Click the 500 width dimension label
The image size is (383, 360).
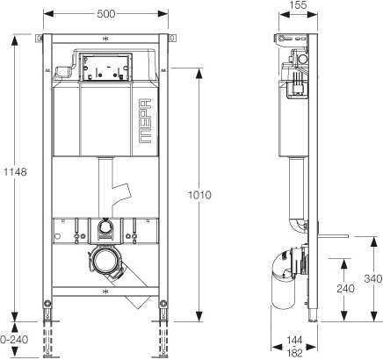(106, 13)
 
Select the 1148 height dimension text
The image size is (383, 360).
(15, 172)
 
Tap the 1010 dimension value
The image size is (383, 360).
(199, 195)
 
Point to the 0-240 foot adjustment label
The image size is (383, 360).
(14, 340)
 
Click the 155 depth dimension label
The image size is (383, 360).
(298, 5)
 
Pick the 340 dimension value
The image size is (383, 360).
(373, 278)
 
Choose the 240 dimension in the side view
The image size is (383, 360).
(345, 289)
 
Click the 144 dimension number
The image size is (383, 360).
(294, 341)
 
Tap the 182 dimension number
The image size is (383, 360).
(294, 353)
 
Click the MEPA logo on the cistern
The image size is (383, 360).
(145, 121)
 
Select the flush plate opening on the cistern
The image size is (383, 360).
(106, 68)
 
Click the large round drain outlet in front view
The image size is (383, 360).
(105, 261)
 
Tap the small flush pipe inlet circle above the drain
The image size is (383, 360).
(105, 227)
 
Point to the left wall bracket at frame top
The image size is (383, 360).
(39, 39)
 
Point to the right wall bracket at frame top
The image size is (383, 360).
(172, 39)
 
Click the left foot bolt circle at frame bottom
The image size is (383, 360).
(47, 304)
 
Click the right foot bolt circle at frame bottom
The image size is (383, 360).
(163, 304)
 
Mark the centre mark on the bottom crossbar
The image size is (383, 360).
(105, 292)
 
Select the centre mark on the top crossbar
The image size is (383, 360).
(105, 39)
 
